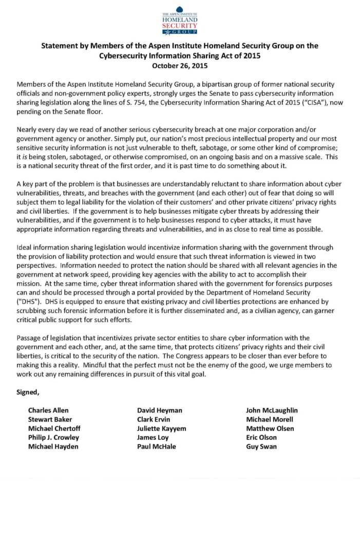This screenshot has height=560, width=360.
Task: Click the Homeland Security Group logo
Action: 180,20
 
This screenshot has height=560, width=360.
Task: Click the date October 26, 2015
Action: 180,66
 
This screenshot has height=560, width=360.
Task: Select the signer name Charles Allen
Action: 48,410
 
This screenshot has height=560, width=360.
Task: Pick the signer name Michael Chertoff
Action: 54,428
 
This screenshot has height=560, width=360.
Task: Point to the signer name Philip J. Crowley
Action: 53,438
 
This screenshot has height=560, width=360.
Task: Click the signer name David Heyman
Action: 159,410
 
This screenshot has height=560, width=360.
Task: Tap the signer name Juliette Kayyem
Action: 161,428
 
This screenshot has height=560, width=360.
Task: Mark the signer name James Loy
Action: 152,438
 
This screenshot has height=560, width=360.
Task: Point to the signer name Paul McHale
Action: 156,446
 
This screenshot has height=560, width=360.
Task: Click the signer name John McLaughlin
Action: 272,410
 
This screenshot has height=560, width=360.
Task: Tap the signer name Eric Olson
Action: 261,438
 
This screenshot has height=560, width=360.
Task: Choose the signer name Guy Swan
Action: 261,446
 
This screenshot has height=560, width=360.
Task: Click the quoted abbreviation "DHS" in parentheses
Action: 29,302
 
